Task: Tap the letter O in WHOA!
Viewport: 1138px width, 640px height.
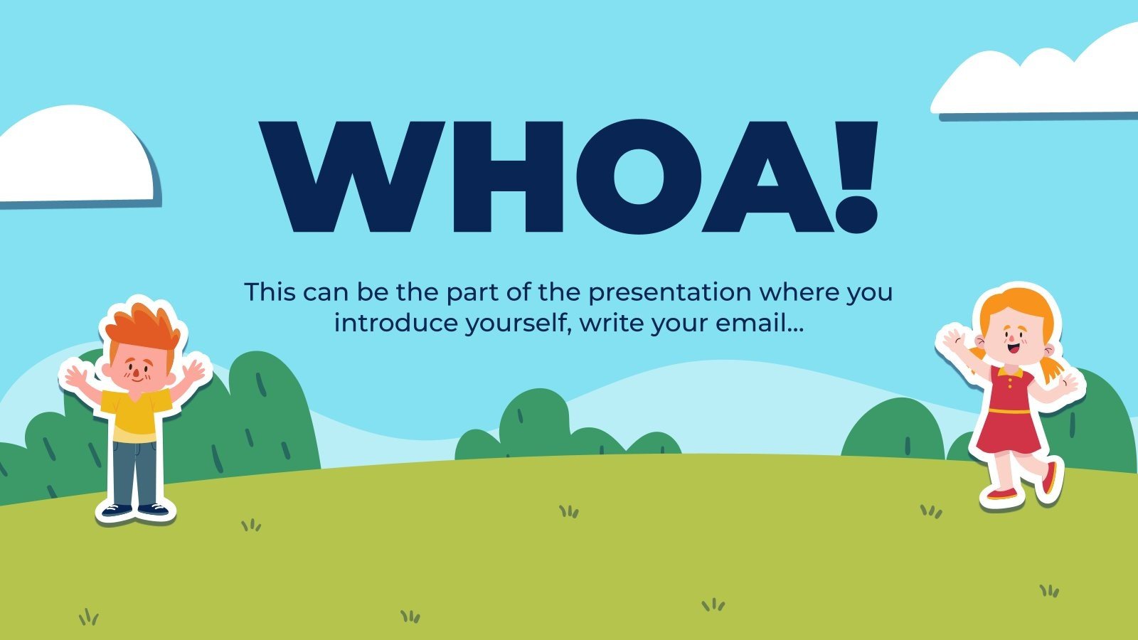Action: pos(639,177)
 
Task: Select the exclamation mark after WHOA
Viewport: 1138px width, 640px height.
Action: pos(857,177)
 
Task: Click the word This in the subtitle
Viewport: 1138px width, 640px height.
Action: pos(270,292)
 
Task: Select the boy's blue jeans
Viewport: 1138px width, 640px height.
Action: pos(134,473)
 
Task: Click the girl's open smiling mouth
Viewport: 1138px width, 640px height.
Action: pos(1014,348)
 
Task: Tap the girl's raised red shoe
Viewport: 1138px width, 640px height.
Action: pos(1049,478)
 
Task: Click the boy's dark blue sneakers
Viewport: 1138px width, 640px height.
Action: pos(134,509)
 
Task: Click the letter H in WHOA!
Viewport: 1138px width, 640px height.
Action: pos(508,177)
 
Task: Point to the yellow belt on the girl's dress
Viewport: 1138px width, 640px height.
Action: pos(1009,410)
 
